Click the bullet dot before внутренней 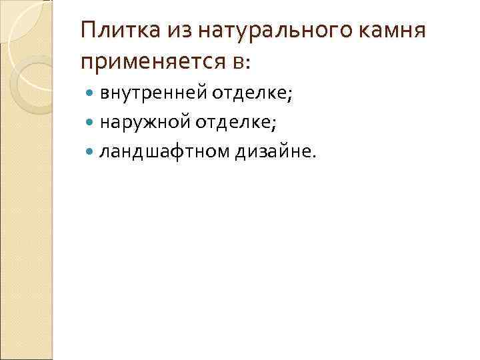point(91,95)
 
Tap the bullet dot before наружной point(91,124)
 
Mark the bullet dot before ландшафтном point(91,153)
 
